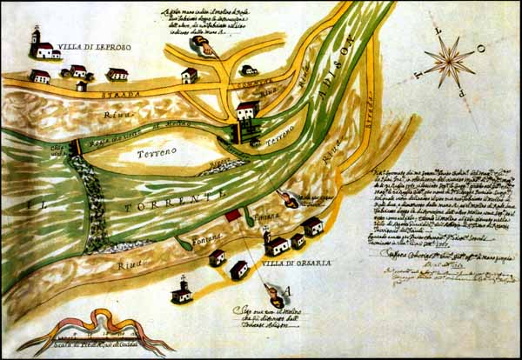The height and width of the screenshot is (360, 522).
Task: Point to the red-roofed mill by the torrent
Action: click(232, 214)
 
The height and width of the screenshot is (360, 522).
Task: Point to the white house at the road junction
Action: click(247, 111)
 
